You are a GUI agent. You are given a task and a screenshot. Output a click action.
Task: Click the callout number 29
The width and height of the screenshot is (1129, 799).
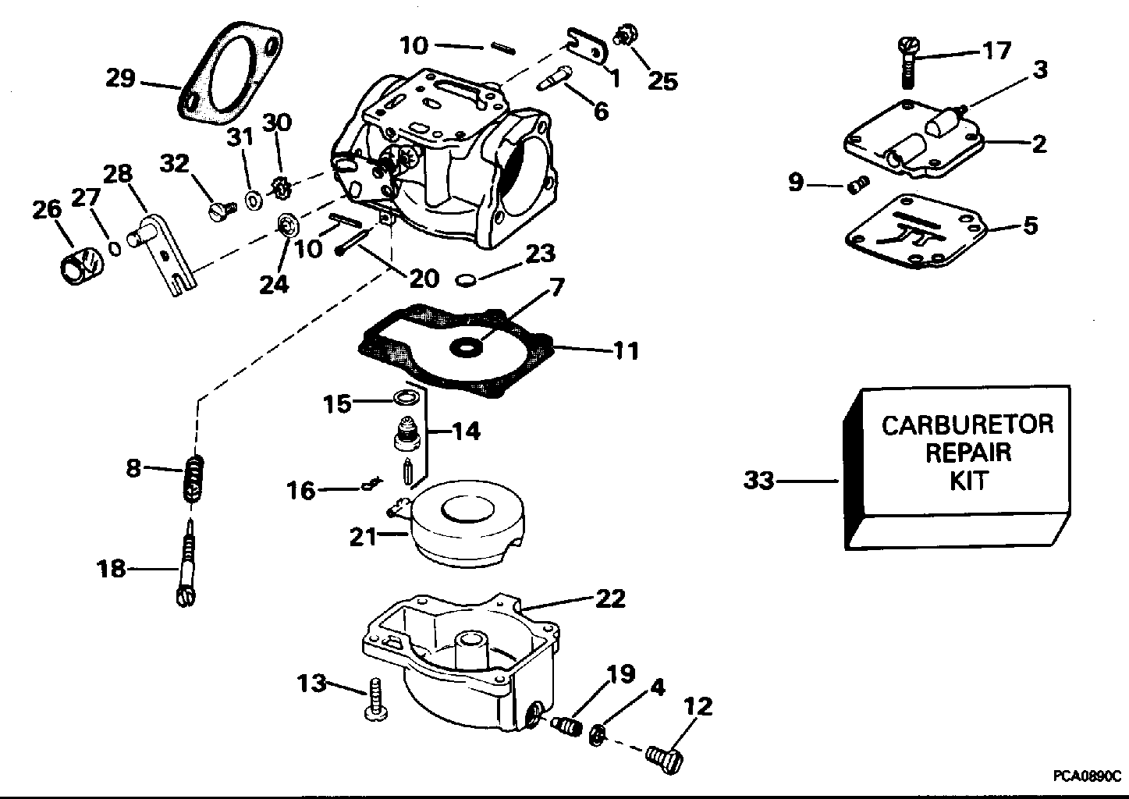click(120, 79)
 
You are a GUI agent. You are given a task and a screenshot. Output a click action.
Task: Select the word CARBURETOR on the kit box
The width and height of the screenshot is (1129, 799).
click(967, 424)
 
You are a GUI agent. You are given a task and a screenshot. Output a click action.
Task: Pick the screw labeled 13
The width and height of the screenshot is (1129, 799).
click(376, 699)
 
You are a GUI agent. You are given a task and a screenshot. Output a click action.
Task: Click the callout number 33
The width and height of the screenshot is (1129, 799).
click(758, 480)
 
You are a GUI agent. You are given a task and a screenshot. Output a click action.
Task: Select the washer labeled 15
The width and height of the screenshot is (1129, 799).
click(407, 398)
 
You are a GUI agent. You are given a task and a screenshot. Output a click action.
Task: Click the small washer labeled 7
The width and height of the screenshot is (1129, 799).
click(464, 348)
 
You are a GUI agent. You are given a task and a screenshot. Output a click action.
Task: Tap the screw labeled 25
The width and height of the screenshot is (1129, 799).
click(625, 34)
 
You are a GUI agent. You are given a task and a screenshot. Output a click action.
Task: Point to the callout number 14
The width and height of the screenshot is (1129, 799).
click(466, 431)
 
